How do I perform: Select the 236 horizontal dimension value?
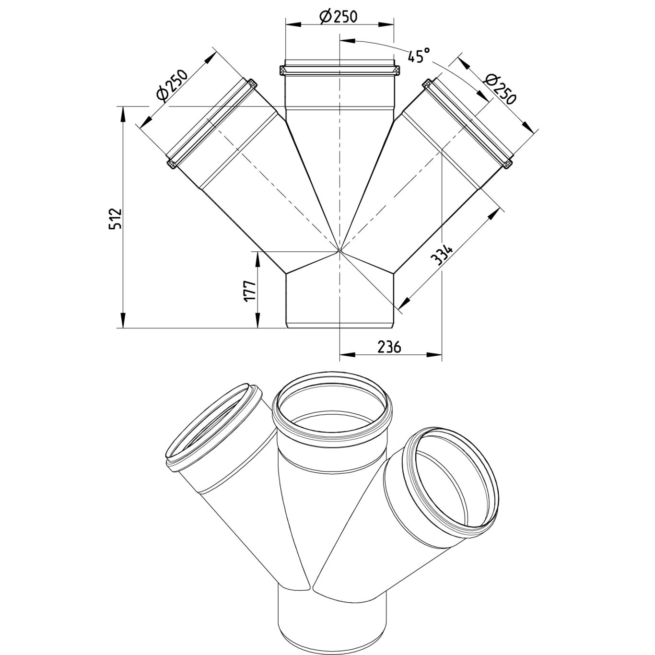389,347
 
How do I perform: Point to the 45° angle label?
417,57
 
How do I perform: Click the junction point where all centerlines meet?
339,250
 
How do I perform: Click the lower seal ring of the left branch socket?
171,164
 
